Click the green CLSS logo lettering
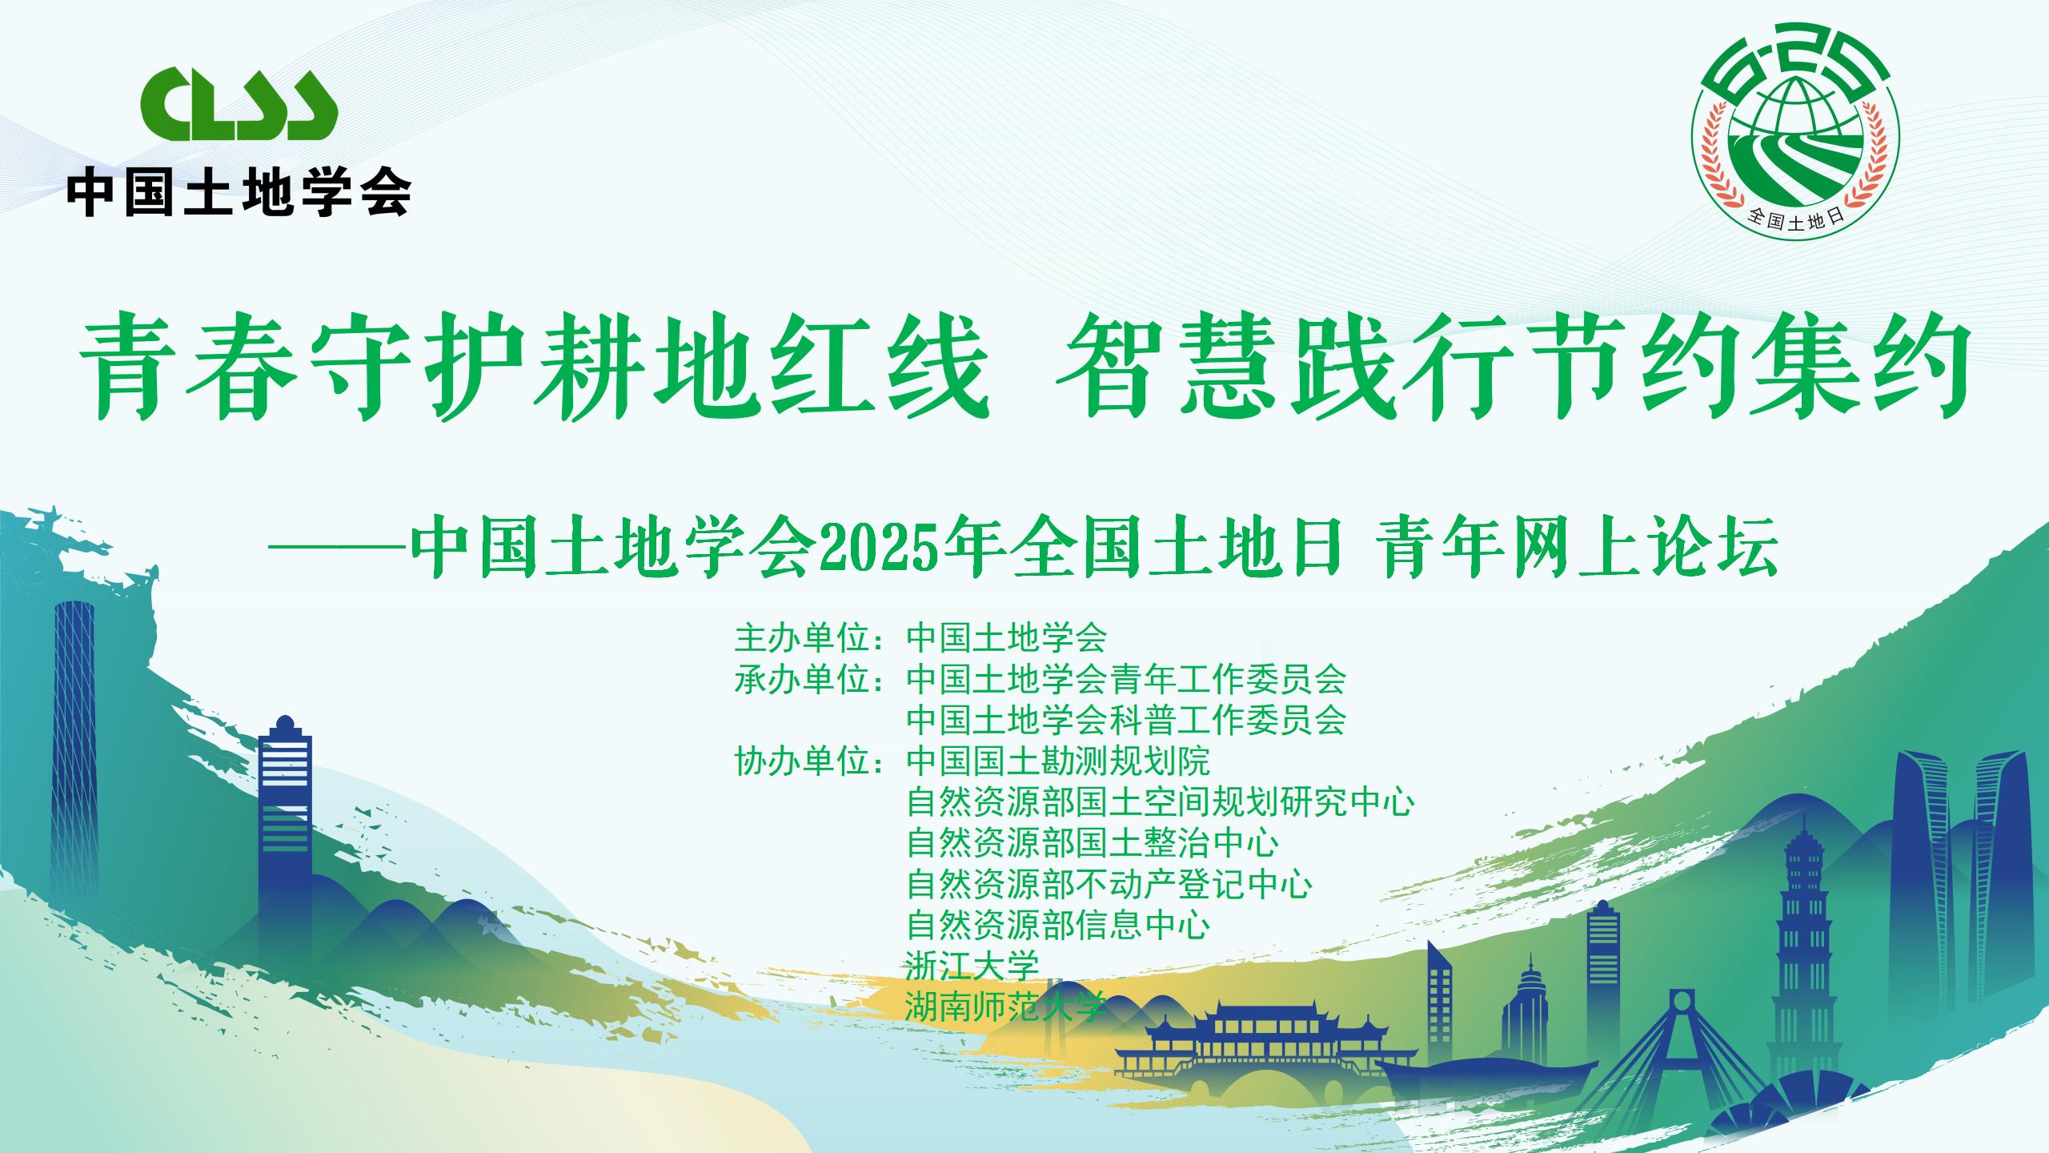(x=239, y=103)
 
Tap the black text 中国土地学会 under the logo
(x=239, y=191)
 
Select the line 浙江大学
(x=972, y=966)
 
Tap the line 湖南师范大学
(x=1006, y=1006)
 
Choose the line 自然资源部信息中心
(x=1058, y=925)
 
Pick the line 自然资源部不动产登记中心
(x=1109, y=884)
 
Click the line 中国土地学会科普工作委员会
(x=1126, y=721)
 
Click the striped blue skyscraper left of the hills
(x=285, y=849)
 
